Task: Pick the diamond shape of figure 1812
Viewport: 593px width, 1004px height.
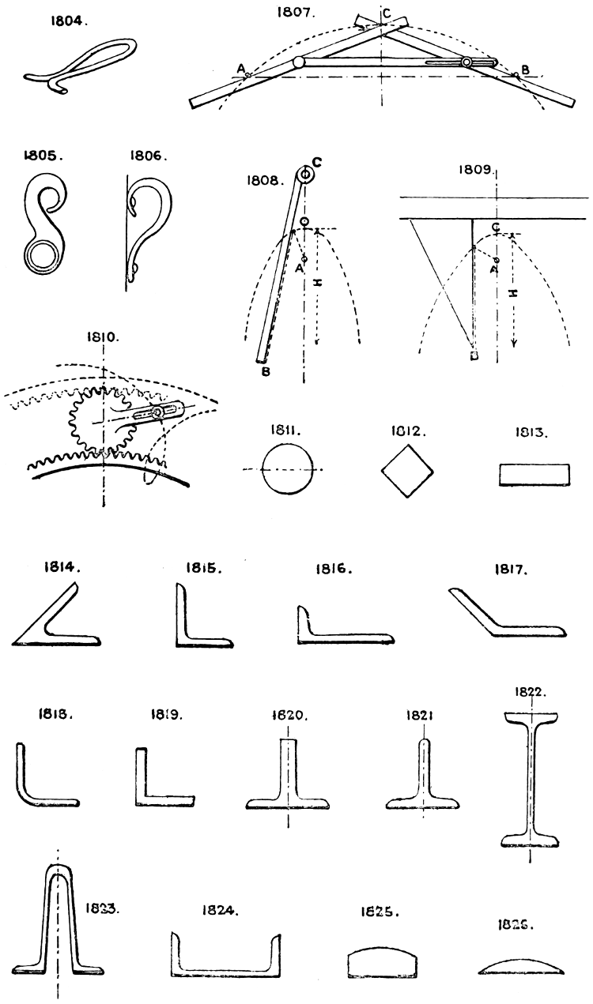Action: [408, 472]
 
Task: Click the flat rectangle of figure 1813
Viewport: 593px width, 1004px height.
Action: [534, 476]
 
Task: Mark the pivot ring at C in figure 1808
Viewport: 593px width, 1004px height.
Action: [305, 175]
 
